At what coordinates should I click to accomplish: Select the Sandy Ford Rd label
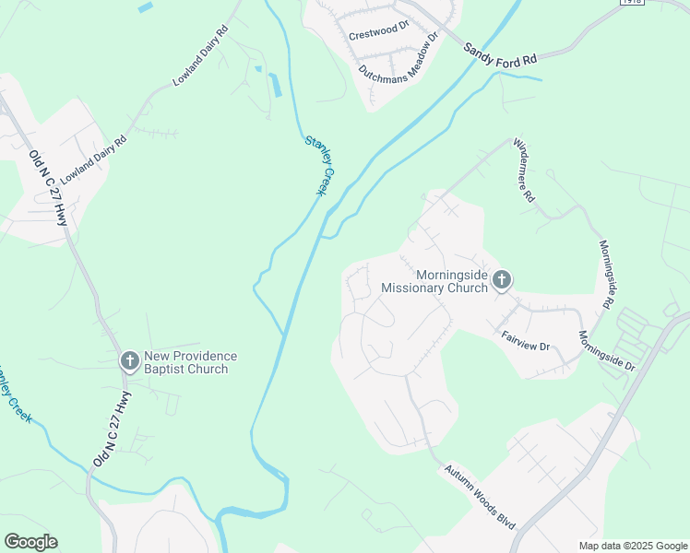pos(500,53)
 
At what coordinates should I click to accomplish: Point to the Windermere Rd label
pos(523,169)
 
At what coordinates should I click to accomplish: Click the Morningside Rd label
pos(606,276)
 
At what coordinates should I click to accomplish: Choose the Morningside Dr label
pos(607,350)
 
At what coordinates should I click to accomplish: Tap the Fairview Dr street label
pos(525,340)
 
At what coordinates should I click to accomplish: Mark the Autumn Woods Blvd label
pos(480,496)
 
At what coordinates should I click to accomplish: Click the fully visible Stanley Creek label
pos(317,165)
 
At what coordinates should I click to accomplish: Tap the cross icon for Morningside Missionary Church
pos(501,279)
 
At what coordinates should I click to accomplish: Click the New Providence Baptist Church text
pos(190,362)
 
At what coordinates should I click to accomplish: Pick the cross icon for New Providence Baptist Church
pos(130,361)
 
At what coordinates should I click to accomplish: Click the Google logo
pos(30,542)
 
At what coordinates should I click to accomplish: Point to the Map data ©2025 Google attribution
pos(632,546)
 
